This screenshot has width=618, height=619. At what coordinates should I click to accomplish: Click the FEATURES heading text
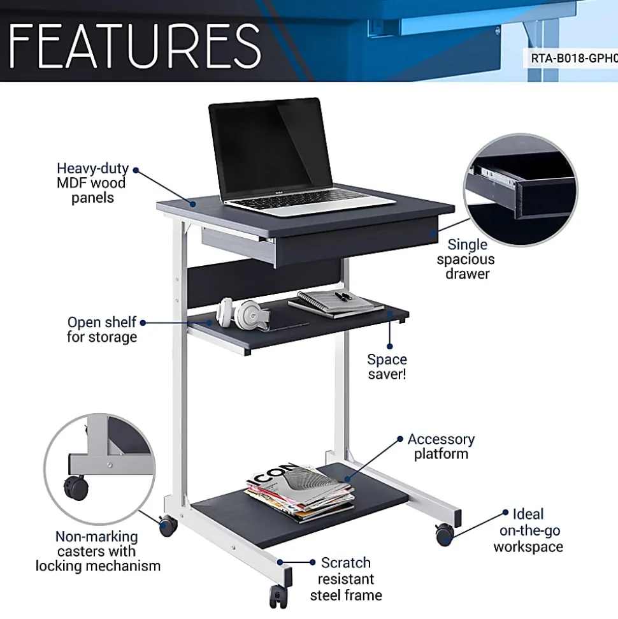click(134, 45)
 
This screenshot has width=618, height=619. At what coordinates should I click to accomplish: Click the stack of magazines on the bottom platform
click(300, 492)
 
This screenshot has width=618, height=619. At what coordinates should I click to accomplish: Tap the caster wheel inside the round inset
click(76, 488)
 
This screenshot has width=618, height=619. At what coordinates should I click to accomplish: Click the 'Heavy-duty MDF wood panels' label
click(92, 183)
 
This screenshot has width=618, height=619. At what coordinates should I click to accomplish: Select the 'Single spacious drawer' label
click(466, 259)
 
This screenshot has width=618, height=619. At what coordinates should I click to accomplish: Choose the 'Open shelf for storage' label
click(102, 329)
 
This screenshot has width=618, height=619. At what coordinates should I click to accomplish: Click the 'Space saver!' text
click(387, 367)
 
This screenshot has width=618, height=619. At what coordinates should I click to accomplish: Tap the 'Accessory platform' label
click(441, 446)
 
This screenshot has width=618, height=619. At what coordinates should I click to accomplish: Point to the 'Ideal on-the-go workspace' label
click(528, 530)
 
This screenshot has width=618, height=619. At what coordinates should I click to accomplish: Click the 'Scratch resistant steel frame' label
click(346, 578)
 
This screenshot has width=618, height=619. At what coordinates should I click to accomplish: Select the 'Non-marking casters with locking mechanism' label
click(98, 551)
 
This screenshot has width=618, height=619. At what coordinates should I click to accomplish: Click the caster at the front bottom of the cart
click(278, 596)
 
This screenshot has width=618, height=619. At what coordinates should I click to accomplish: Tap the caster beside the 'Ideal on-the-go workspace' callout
click(444, 534)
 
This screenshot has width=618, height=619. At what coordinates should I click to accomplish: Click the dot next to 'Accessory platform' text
click(399, 439)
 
